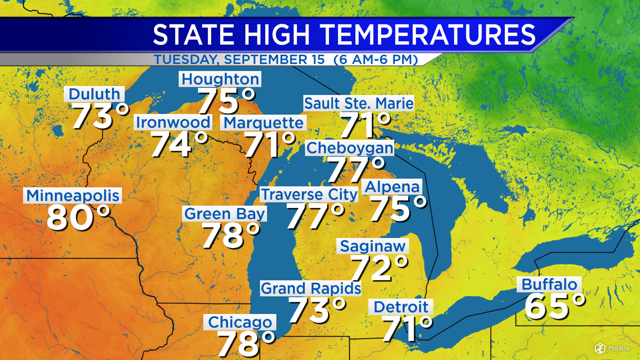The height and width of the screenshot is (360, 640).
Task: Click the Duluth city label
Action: point(94,94)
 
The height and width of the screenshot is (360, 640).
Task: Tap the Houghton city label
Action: point(220,79)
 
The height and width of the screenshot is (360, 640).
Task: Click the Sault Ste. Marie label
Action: point(359,103)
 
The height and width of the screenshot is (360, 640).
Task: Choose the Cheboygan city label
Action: point(350,148)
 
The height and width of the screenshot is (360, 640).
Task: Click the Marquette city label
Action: point(263,123)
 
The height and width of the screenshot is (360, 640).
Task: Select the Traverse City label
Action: point(309,194)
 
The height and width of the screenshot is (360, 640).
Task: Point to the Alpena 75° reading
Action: point(398,209)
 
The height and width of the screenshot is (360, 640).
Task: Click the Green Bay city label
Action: point(225,214)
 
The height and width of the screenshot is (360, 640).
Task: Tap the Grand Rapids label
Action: point(311,288)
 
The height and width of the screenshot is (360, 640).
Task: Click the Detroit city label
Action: point(401,307)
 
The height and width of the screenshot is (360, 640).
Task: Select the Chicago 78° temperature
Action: point(246,343)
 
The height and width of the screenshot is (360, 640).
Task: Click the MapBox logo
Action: point(612,348)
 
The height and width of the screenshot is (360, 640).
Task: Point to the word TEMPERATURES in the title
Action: point(428,35)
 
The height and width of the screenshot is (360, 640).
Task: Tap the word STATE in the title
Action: point(193,35)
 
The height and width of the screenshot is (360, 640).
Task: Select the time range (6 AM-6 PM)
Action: point(376,60)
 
